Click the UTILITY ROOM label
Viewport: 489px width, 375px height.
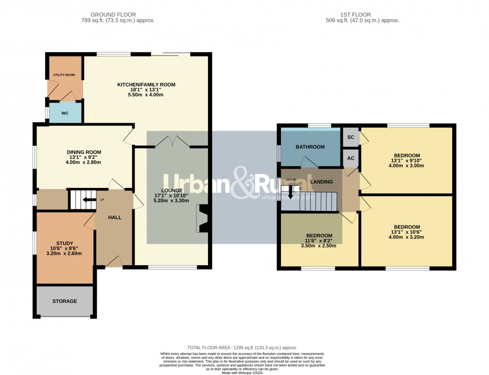coord(64,75)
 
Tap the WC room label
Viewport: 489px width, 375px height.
coord(65,113)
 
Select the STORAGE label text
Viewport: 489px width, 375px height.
coord(65,301)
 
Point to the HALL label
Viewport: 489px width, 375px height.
coord(115,217)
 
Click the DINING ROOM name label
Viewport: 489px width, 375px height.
coord(84,152)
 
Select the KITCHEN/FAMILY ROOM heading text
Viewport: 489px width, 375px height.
coord(146,85)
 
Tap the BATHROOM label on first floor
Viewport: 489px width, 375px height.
coord(310,147)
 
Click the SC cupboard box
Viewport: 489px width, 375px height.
coord(350,137)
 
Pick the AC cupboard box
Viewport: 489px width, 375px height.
coord(350,158)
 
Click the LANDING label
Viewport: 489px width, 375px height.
coord(322,182)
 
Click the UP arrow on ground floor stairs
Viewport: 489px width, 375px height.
coord(86,200)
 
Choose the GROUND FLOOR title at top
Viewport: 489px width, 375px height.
coord(113,15)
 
